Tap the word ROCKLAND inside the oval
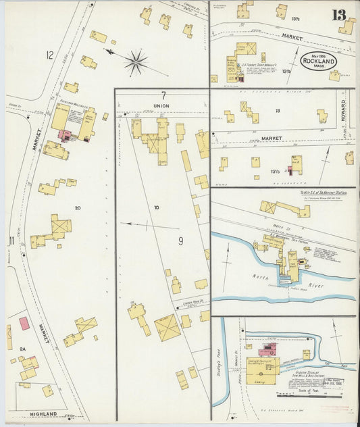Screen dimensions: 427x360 point(317,61)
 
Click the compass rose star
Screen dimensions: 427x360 point(136,63)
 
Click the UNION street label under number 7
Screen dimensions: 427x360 point(163,105)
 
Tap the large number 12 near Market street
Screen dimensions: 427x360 point(49,54)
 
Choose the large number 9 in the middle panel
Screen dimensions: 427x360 point(180,241)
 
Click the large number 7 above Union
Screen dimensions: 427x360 point(163,95)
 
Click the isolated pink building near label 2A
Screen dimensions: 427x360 point(24,324)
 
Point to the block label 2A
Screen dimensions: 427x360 point(22,349)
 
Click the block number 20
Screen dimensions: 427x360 point(78,208)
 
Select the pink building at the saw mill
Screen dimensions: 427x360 point(267,349)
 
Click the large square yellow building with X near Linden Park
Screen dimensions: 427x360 point(167,328)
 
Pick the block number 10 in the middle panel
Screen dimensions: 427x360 point(156,207)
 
